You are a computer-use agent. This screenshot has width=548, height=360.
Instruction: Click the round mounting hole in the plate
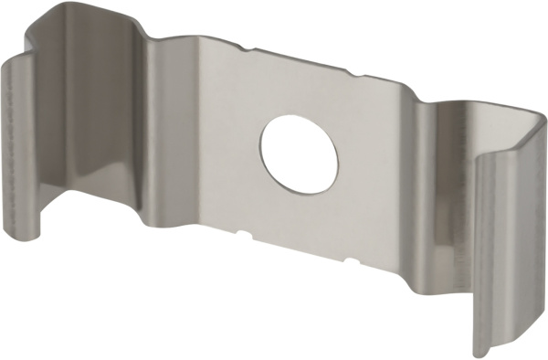pyautogui.click(x=299, y=154)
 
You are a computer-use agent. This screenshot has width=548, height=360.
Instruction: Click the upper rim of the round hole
pyautogui.click(x=299, y=117)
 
